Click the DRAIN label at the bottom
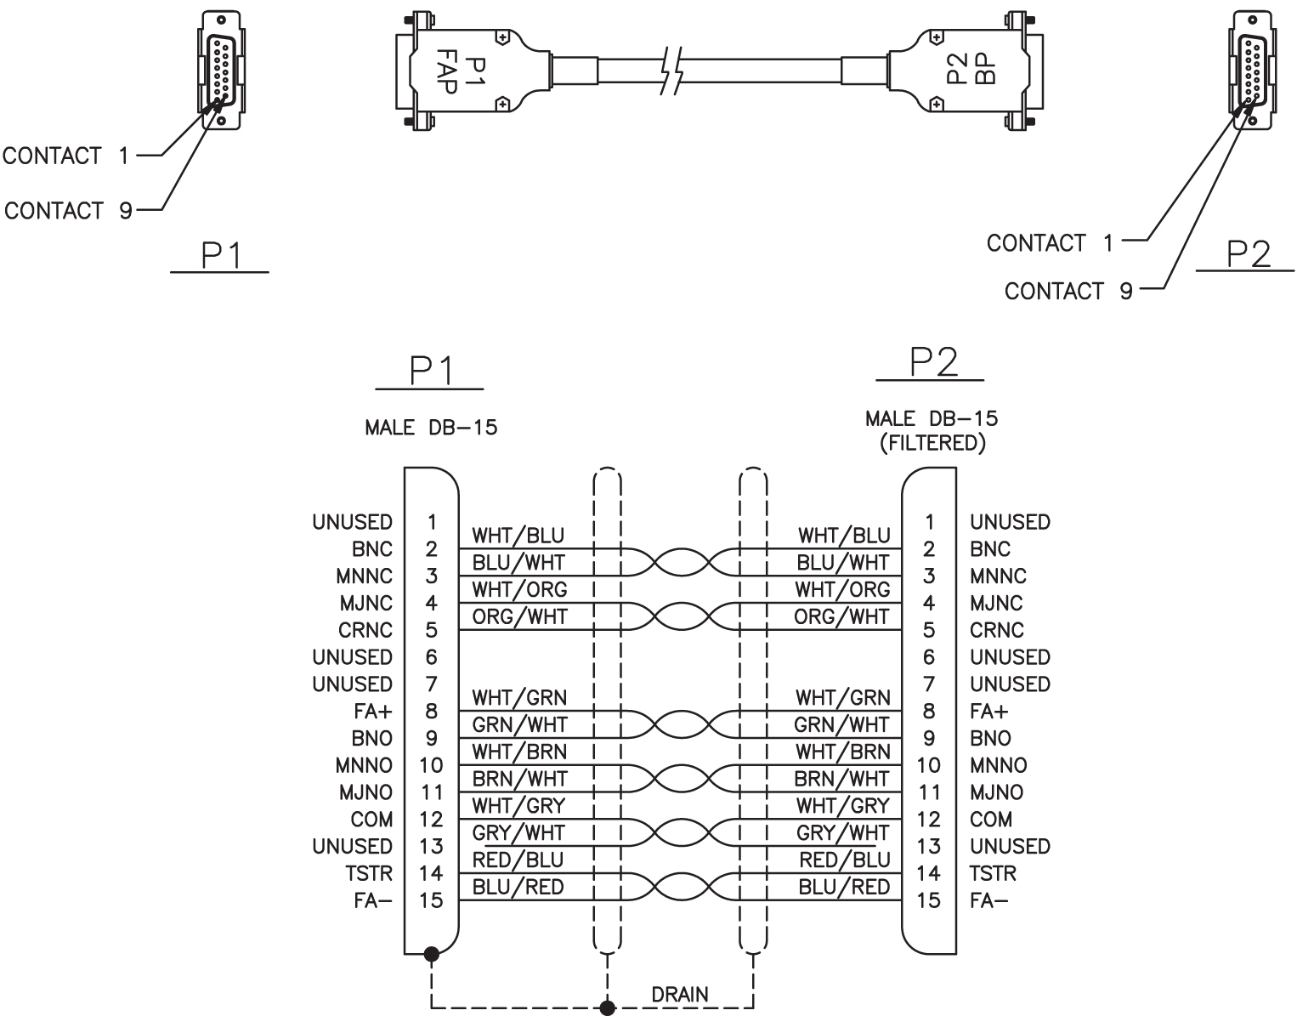click(x=680, y=995)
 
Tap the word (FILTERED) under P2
click(x=932, y=443)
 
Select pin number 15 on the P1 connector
click(x=431, y=900)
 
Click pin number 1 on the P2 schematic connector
click(x=929, y=522)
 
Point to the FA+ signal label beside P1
click(x=373, y=712)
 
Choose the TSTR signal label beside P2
click(x=993, y=873)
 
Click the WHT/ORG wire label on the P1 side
click(x=519, y=589)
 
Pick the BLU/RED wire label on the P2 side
click(x=844, y=887)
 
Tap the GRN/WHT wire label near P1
click(x=519, y=724)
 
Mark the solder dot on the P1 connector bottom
click(x=431, y=954)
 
